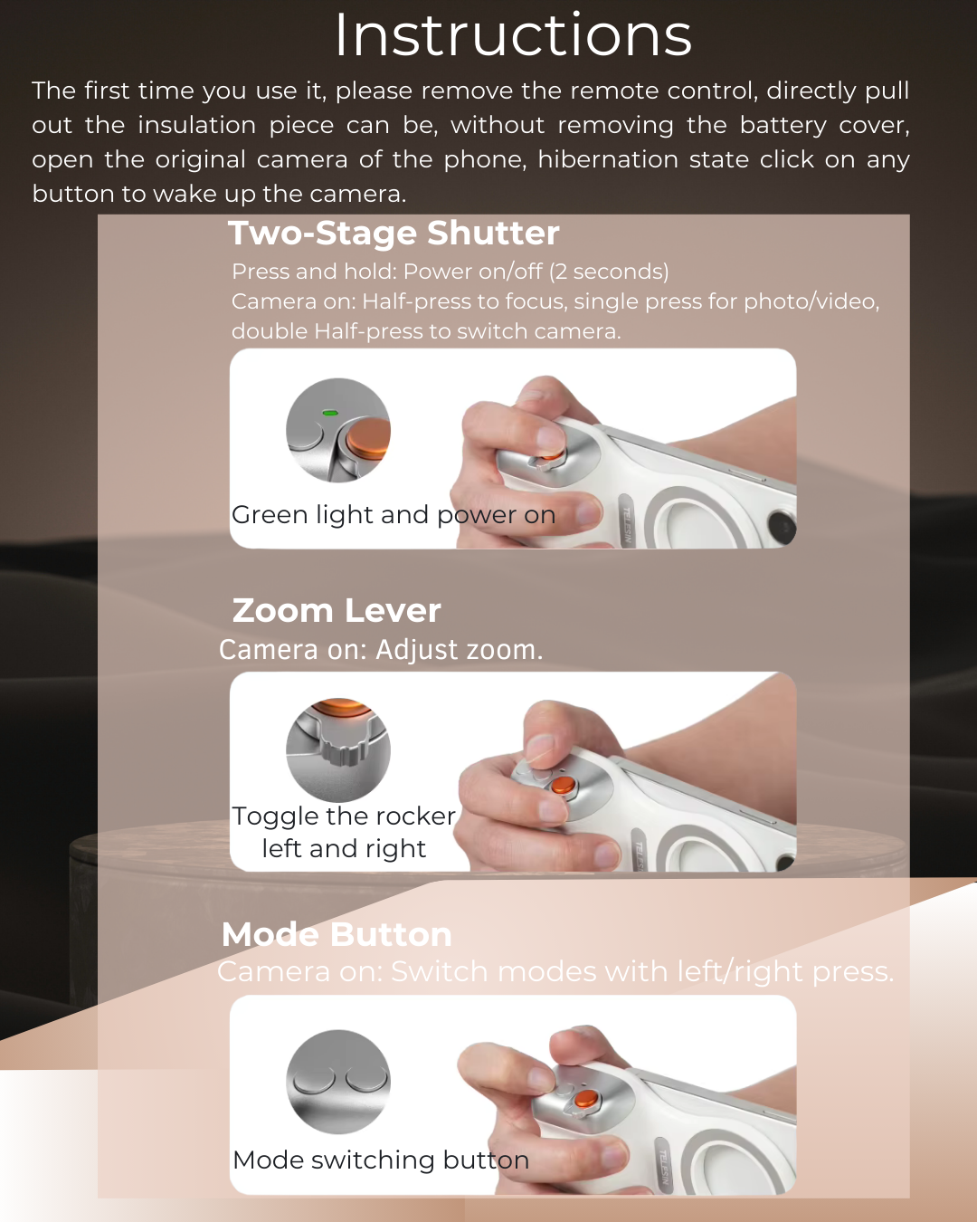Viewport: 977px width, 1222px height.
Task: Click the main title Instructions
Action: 513,36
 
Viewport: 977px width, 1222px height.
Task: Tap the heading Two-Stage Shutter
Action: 394,234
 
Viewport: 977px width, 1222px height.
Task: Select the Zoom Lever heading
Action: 337,611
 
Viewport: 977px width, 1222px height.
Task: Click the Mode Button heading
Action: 337,934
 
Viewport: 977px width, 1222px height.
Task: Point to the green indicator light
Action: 330,413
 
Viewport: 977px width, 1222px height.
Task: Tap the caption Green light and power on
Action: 394,515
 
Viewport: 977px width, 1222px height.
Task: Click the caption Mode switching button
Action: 381,1160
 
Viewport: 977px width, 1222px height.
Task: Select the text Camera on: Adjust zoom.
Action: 381,650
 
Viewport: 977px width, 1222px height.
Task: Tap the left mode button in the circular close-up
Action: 313,1079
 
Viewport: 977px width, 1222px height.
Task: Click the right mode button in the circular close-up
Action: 366,1078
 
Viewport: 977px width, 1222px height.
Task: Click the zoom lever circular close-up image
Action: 338,749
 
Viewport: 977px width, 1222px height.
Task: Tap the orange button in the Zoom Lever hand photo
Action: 563,785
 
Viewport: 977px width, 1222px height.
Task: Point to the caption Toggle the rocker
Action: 344,816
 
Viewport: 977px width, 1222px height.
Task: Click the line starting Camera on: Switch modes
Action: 555,972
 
